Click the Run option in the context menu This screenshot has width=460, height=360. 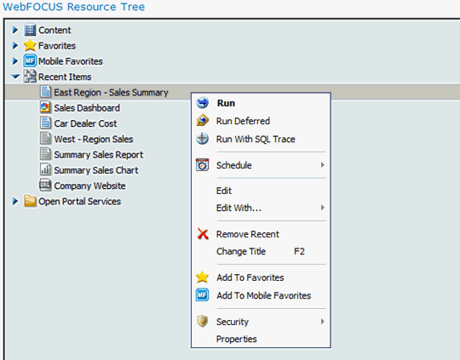pyautogui.click(x=226, y=103)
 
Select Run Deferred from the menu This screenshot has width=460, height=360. pyautogui.click(x=243, y=121)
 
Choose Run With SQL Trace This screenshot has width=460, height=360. pyautogui.click(x=256, y=139)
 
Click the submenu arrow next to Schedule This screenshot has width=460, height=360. pyautogui.click(x=322, y=165)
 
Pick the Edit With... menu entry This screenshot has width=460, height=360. pyautogui.click(x=239, y=208)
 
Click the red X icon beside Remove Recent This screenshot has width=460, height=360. pyautogui.click(x=203, y=234)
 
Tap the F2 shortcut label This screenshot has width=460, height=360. pyautogui.click(x=299, y=251)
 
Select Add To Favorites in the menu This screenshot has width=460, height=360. pyautogui.click(x=250, y=277)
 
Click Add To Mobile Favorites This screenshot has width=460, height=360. pyautogui.click(x=264, y=295)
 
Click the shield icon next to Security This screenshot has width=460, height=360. pyautogui.click(x=203, y=322)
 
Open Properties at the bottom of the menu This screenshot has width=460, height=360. pyautogui.click(x=237, y=340)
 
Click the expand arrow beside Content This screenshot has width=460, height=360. pyautogui.click(x=15, y=30)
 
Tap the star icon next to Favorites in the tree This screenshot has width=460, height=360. pyautogui.click(x=30, y=45)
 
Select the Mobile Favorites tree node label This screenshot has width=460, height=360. pyautogui.click(x=71, y=61)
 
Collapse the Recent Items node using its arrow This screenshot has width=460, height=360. pyautogui.click(x=15, y=77)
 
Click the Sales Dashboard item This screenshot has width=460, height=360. pyautogui.click(x=87, y=108)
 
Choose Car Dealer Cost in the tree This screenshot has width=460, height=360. pyautogui.click(x=85, y=123)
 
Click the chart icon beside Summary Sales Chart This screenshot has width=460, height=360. pyautogui.click(x=45, y=169)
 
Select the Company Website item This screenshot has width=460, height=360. pyautogui.click(x=89, y=186)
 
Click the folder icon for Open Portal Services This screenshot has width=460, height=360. pyautogui.click(x=30, y=201)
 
